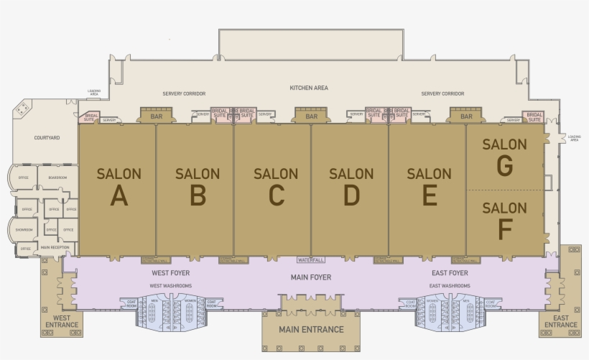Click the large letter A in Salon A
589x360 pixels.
(119, 195)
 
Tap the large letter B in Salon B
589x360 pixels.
(198, 195)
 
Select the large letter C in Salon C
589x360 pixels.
(276, 195)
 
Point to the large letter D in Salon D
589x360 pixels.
(351, 195)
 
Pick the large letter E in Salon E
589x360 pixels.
(430, 195)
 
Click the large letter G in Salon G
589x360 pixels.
(505, 166)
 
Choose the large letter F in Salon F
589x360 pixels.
(505, 230)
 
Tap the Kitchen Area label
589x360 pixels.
(309, 88)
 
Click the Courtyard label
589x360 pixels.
(47, 137)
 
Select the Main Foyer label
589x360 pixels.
(311, 277)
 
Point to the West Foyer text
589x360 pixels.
(170, 273)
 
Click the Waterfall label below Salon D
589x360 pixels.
(311, 259)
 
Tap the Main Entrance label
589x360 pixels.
(311, 330)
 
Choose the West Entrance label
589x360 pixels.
(62, 320)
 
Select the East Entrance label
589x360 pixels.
(560, 320)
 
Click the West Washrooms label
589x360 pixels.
(170, 286)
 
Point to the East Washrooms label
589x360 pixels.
(450, 286)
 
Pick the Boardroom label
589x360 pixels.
(57, 177)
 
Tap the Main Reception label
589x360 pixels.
(55, 247)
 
